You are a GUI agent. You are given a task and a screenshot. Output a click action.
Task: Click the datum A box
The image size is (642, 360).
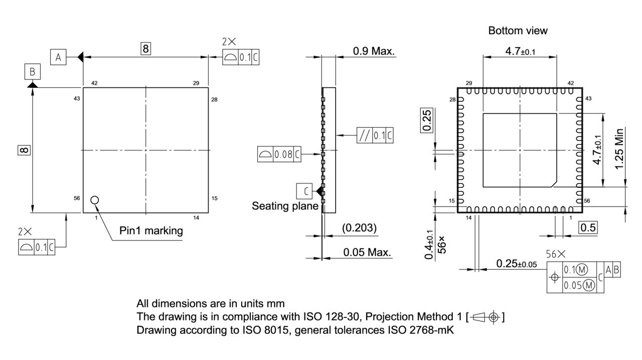coord(58,58)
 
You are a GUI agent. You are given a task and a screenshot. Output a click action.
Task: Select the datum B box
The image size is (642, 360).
coord(32,72)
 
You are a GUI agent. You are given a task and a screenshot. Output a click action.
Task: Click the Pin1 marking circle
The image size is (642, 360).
coord(95,200)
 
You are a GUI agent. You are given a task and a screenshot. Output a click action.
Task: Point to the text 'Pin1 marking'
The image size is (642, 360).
coord(151,231)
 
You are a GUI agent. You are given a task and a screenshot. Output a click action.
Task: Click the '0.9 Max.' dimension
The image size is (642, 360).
coord(374,51)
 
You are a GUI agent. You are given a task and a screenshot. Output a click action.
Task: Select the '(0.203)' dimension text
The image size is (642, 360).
coord(359,228)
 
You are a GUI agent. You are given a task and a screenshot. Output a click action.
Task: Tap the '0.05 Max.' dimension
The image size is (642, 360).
coord(367,252)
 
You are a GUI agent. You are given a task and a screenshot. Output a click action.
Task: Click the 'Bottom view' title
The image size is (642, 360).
coord(518,31)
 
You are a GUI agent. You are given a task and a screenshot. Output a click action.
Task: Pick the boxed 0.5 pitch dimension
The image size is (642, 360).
coord(588,228)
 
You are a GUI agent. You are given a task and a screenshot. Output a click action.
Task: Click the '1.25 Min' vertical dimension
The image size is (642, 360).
coord(620,148)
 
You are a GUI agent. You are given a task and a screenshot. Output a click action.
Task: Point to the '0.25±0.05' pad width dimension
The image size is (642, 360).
coord(516,264)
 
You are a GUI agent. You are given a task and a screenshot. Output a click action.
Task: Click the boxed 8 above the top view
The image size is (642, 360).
coord(145,49)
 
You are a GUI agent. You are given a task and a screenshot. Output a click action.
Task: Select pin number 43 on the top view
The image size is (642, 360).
coord(77,99)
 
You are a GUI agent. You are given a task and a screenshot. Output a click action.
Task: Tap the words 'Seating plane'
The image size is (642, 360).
coord(285,206)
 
